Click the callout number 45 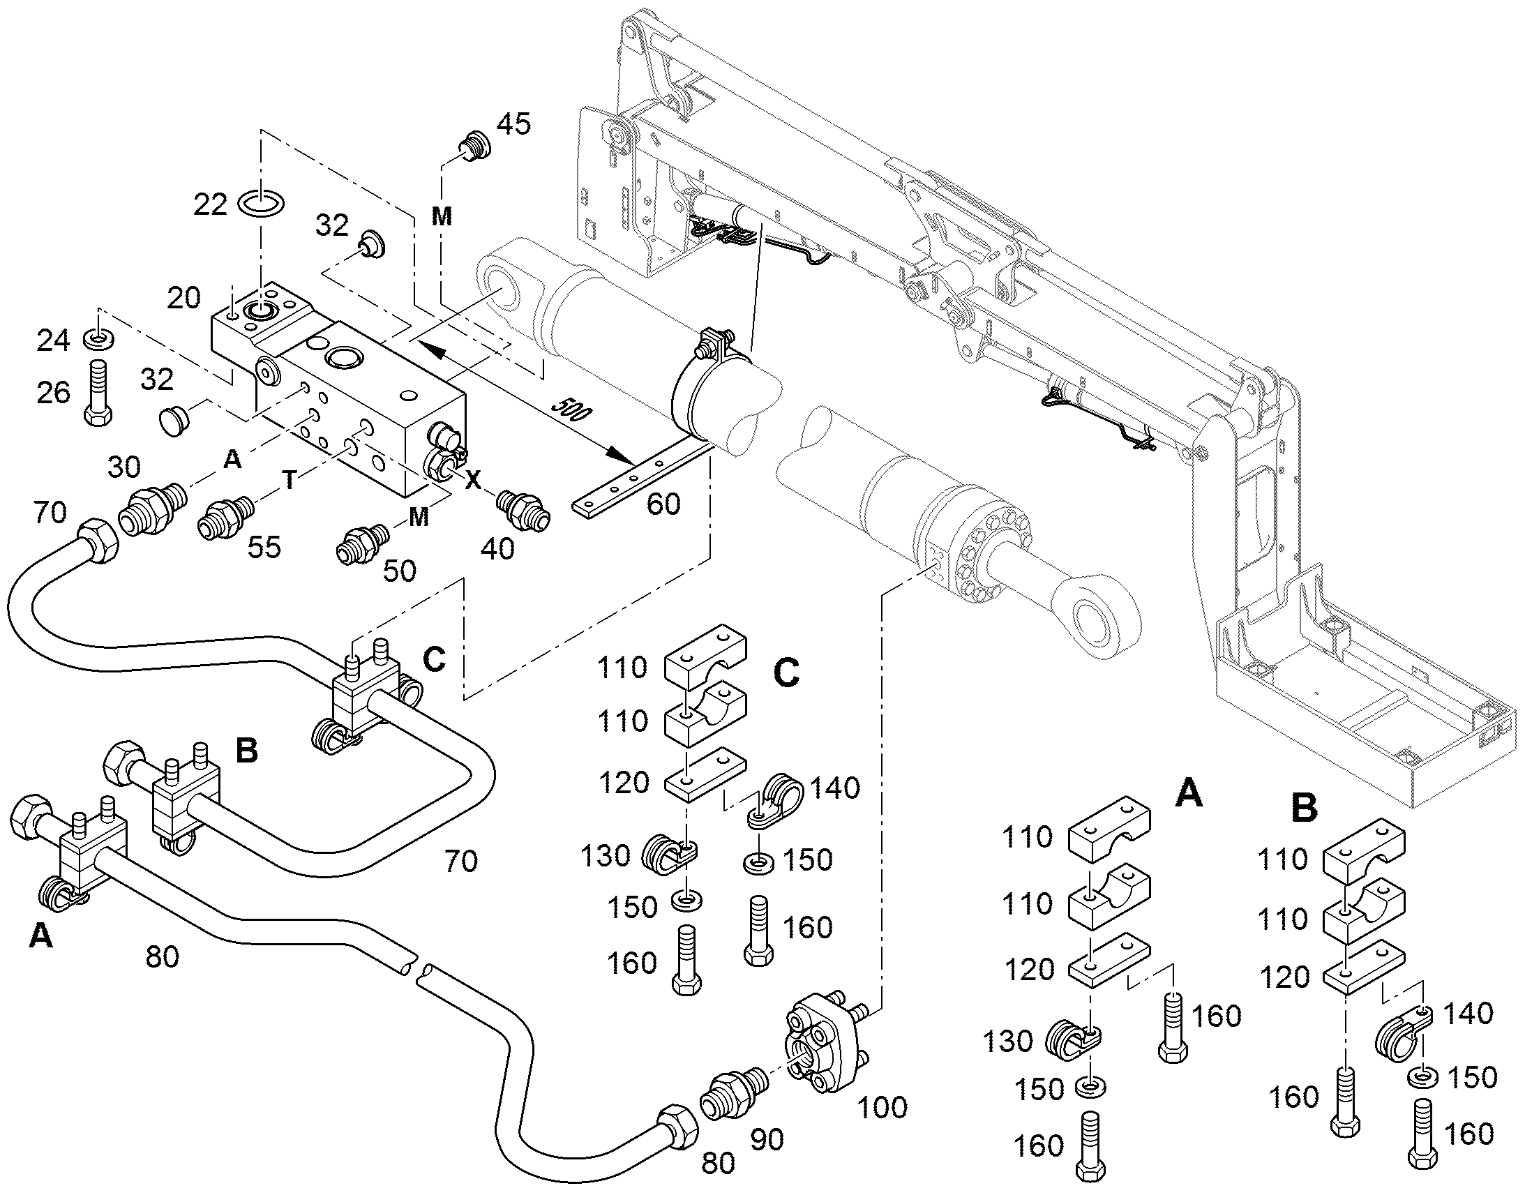pyautogui.click(x=513, y=124)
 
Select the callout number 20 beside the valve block pyautogui.click(x=184, y=298)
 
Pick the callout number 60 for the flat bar pyautogui.click(x=663, y=504)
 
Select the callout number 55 pyautogui.click(x=264, y=547)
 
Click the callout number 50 pyautogui.click(x=400, y=571)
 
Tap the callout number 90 pyautogui.click(x=767, y=1141)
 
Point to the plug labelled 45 pyautogui.click(x=474, y=147)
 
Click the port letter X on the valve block pyautogui.click(x=474, y=479)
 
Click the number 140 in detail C pyautogui.click(x=834, y=788)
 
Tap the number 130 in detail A pyautogui.click(x=1008, y=1042)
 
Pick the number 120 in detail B pyautogui.click(x=1284, y=977)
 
